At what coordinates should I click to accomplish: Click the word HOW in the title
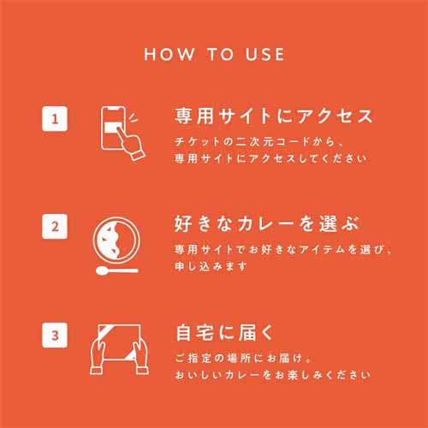(169, 54)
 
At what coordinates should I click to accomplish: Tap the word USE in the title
(265, 54)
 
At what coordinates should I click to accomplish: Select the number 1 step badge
(55, 119)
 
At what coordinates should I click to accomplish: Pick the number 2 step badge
(55, 226)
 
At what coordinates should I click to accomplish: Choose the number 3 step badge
(55, 335)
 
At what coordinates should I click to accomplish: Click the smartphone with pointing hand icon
(122, 134)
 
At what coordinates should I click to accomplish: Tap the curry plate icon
(116, 241)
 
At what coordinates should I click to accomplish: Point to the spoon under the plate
(117, 270)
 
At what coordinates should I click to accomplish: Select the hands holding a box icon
(119, 349)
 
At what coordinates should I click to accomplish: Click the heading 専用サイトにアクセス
(274, 116)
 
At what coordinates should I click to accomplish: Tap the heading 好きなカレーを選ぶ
(266, 223)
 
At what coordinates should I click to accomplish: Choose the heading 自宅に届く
(224, 332)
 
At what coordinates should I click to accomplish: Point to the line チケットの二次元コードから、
(259, 141)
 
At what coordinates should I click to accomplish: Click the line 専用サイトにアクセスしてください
(270, 158)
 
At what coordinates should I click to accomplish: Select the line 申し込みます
(211, 266)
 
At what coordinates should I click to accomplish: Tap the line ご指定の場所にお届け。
(242, 358)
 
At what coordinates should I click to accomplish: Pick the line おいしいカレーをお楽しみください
(272, 375)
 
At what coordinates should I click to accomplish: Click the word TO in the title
(221, 54)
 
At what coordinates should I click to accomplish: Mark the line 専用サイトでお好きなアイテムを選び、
(282, 249)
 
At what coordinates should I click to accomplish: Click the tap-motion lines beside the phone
(133, 117)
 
